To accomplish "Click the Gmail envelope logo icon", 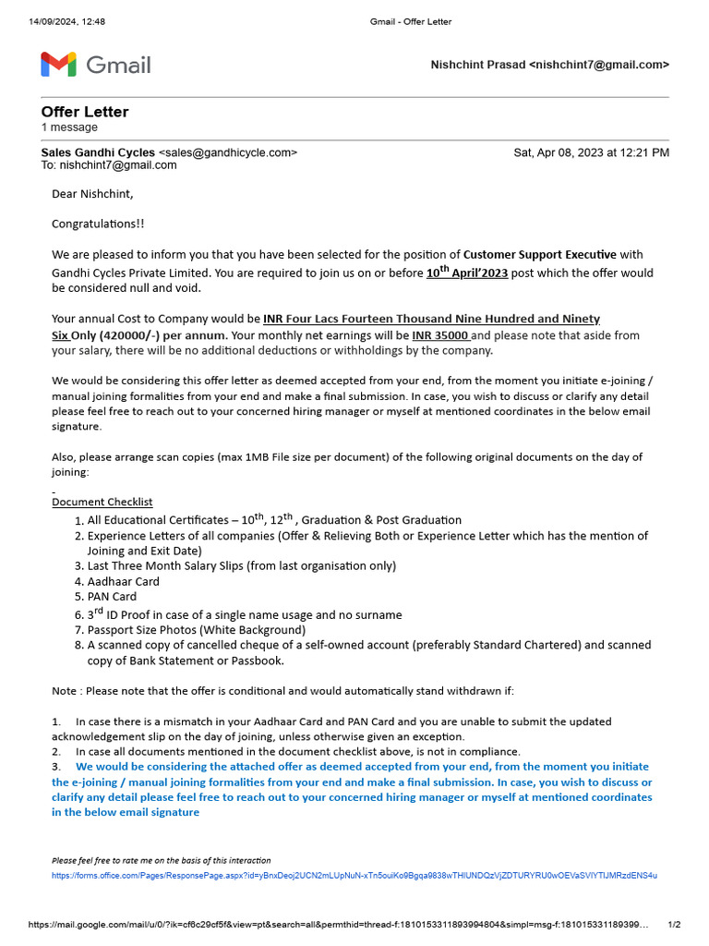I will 59,65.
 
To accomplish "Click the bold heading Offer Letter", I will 85,112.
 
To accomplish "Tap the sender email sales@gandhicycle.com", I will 228,152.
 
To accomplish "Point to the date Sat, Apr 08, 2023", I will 591,152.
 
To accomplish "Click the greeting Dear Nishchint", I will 92,194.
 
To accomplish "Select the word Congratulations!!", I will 98,224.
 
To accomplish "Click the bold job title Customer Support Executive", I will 539,254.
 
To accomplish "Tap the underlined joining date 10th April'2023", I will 467,273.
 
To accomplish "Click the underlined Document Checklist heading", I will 102,502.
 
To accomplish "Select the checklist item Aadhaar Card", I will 123,581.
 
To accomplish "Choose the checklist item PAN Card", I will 112,597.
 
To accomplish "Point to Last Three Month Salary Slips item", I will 241,565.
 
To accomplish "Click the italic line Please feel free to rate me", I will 161,860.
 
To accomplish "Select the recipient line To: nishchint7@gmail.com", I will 109,165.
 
